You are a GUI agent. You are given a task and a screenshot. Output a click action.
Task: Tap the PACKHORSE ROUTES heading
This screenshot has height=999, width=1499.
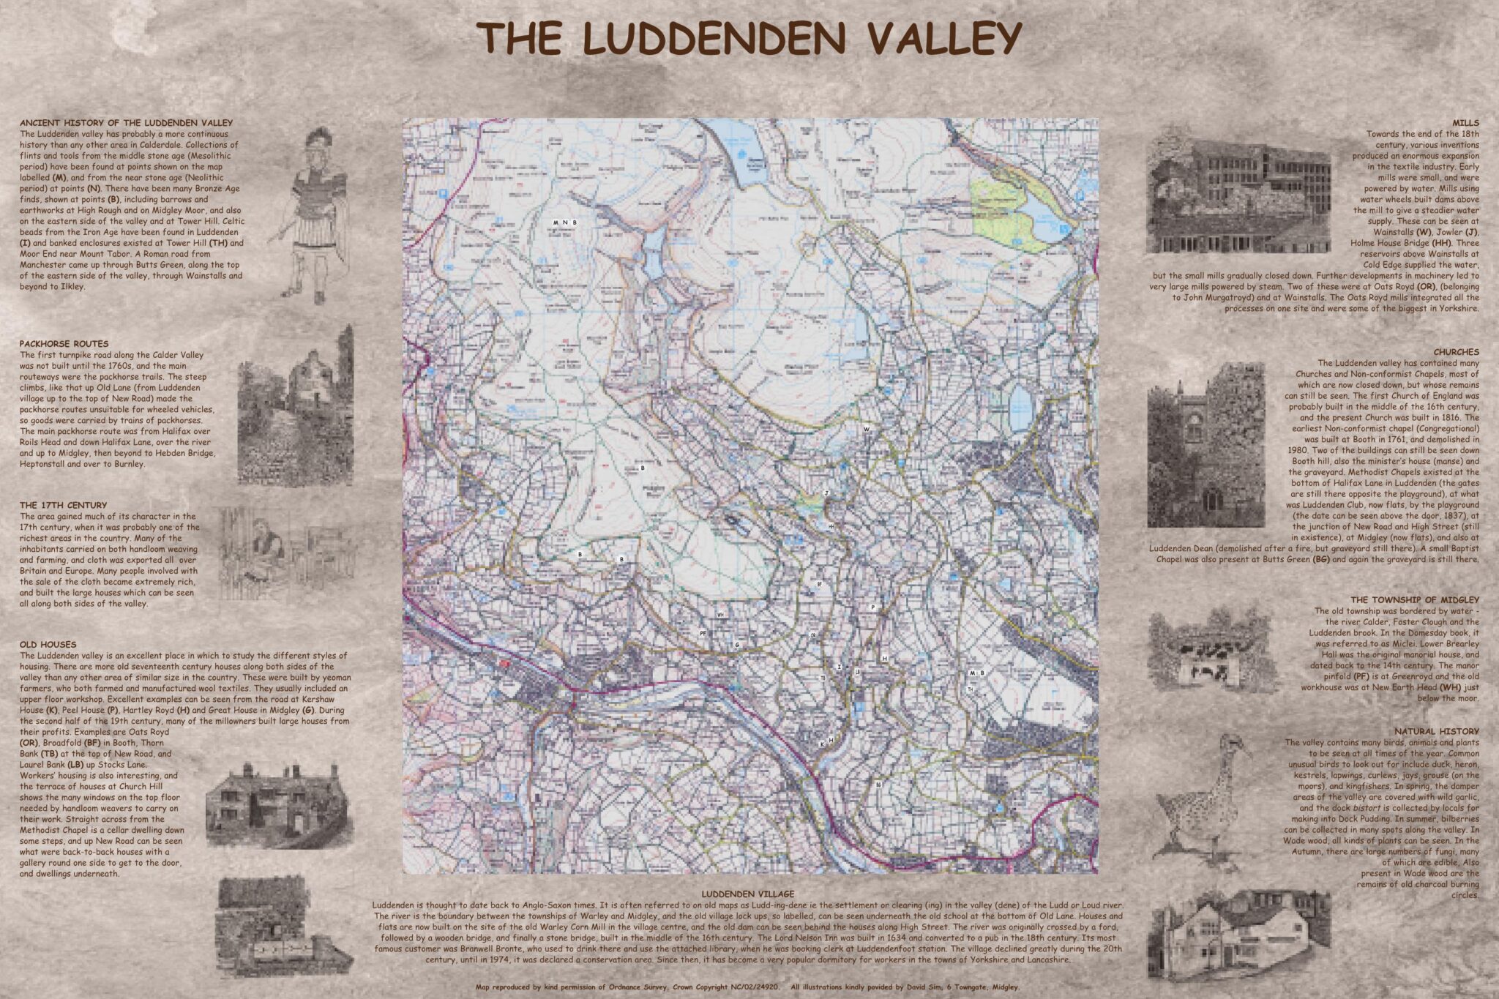click(64, 343)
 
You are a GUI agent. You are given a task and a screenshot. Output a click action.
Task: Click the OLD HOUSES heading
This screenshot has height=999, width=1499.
click(48, 645)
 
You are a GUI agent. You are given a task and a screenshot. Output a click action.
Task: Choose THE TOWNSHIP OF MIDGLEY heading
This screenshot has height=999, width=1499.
click(1415, 599)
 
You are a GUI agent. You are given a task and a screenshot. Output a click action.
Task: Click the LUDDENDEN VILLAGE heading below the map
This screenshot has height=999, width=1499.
click(747, 894)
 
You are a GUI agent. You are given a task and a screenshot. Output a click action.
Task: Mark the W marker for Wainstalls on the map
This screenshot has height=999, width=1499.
click(867, 429)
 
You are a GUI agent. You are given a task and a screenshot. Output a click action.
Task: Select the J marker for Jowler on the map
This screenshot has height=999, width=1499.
click(826, 494)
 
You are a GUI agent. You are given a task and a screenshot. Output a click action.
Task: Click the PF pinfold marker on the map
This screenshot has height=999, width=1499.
click(703, 632)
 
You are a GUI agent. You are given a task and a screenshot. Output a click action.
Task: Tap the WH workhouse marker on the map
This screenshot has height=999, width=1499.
click(721, 614)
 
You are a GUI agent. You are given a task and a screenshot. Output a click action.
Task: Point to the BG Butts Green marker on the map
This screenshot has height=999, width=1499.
click(878, 784)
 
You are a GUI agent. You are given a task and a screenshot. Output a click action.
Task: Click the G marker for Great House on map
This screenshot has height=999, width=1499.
click(737, 644)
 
